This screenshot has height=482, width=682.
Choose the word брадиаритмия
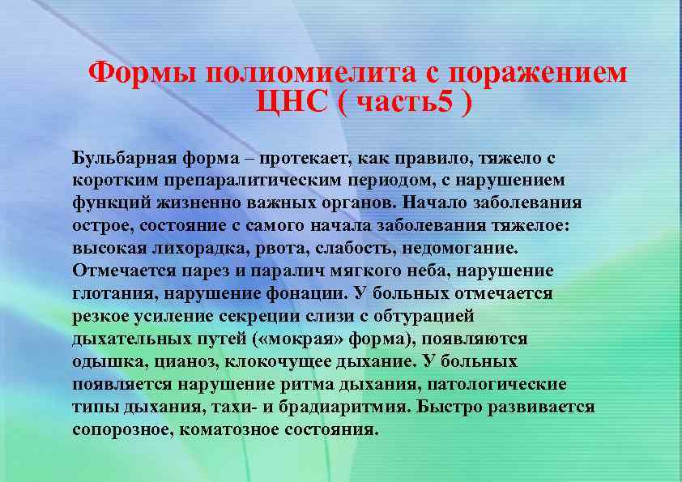335,406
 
